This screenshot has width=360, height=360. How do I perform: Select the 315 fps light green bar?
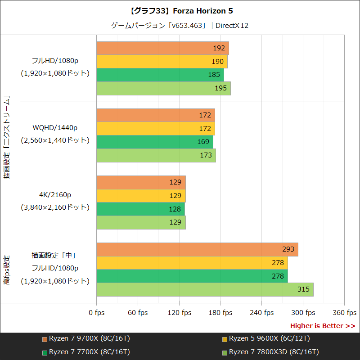[205, 289]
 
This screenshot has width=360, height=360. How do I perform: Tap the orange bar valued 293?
[197, 249]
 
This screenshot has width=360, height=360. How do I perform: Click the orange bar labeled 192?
[162, 48]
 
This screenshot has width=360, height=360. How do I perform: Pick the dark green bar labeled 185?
[160, 75]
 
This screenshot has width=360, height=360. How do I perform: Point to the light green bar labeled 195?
[163, 88]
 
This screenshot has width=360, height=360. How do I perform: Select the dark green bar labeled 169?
[155, 142]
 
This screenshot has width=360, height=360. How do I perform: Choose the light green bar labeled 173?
[156, 155]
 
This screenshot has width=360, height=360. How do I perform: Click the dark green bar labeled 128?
[140, 209]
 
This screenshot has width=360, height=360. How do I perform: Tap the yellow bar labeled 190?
[162, 62]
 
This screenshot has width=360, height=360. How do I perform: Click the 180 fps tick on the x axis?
[220, 313]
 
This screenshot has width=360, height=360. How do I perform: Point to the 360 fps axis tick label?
[344, 313]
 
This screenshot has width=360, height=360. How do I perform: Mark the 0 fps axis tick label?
[96, 313]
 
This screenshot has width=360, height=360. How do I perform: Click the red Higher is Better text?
[322, 326]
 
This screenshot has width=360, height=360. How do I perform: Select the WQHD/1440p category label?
[55, 127]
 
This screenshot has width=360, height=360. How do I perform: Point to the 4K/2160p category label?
[55, 195]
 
